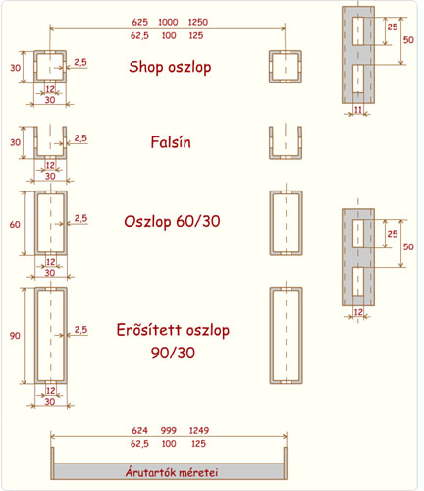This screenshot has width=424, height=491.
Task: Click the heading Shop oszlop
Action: [x=170, y=67]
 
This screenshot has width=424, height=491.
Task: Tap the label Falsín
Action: [x=171, y=142]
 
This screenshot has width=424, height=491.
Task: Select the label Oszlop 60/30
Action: [x=172, y=222]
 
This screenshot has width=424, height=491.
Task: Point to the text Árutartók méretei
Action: [x=172, y=472]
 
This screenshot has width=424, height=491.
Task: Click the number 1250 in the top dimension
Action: [x=198, y=22]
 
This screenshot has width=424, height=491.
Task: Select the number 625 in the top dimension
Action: [x=140, y=22]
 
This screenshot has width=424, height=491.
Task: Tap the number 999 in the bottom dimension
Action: [x=169, y=430]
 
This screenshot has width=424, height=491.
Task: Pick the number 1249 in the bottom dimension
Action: [x=199, y=430]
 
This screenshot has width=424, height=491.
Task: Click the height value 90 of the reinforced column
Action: [x=15, y=336]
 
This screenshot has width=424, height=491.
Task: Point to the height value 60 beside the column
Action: [x=15, y=225]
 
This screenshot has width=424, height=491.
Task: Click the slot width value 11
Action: [x=358, y=109]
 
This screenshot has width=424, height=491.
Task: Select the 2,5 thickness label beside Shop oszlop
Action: [x=80, y=62]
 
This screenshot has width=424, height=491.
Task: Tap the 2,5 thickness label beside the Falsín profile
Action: [x=80, y=138]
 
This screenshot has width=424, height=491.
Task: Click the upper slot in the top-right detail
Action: [x=358, y=31]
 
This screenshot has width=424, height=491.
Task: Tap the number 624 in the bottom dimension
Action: [x=140, y=430]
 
